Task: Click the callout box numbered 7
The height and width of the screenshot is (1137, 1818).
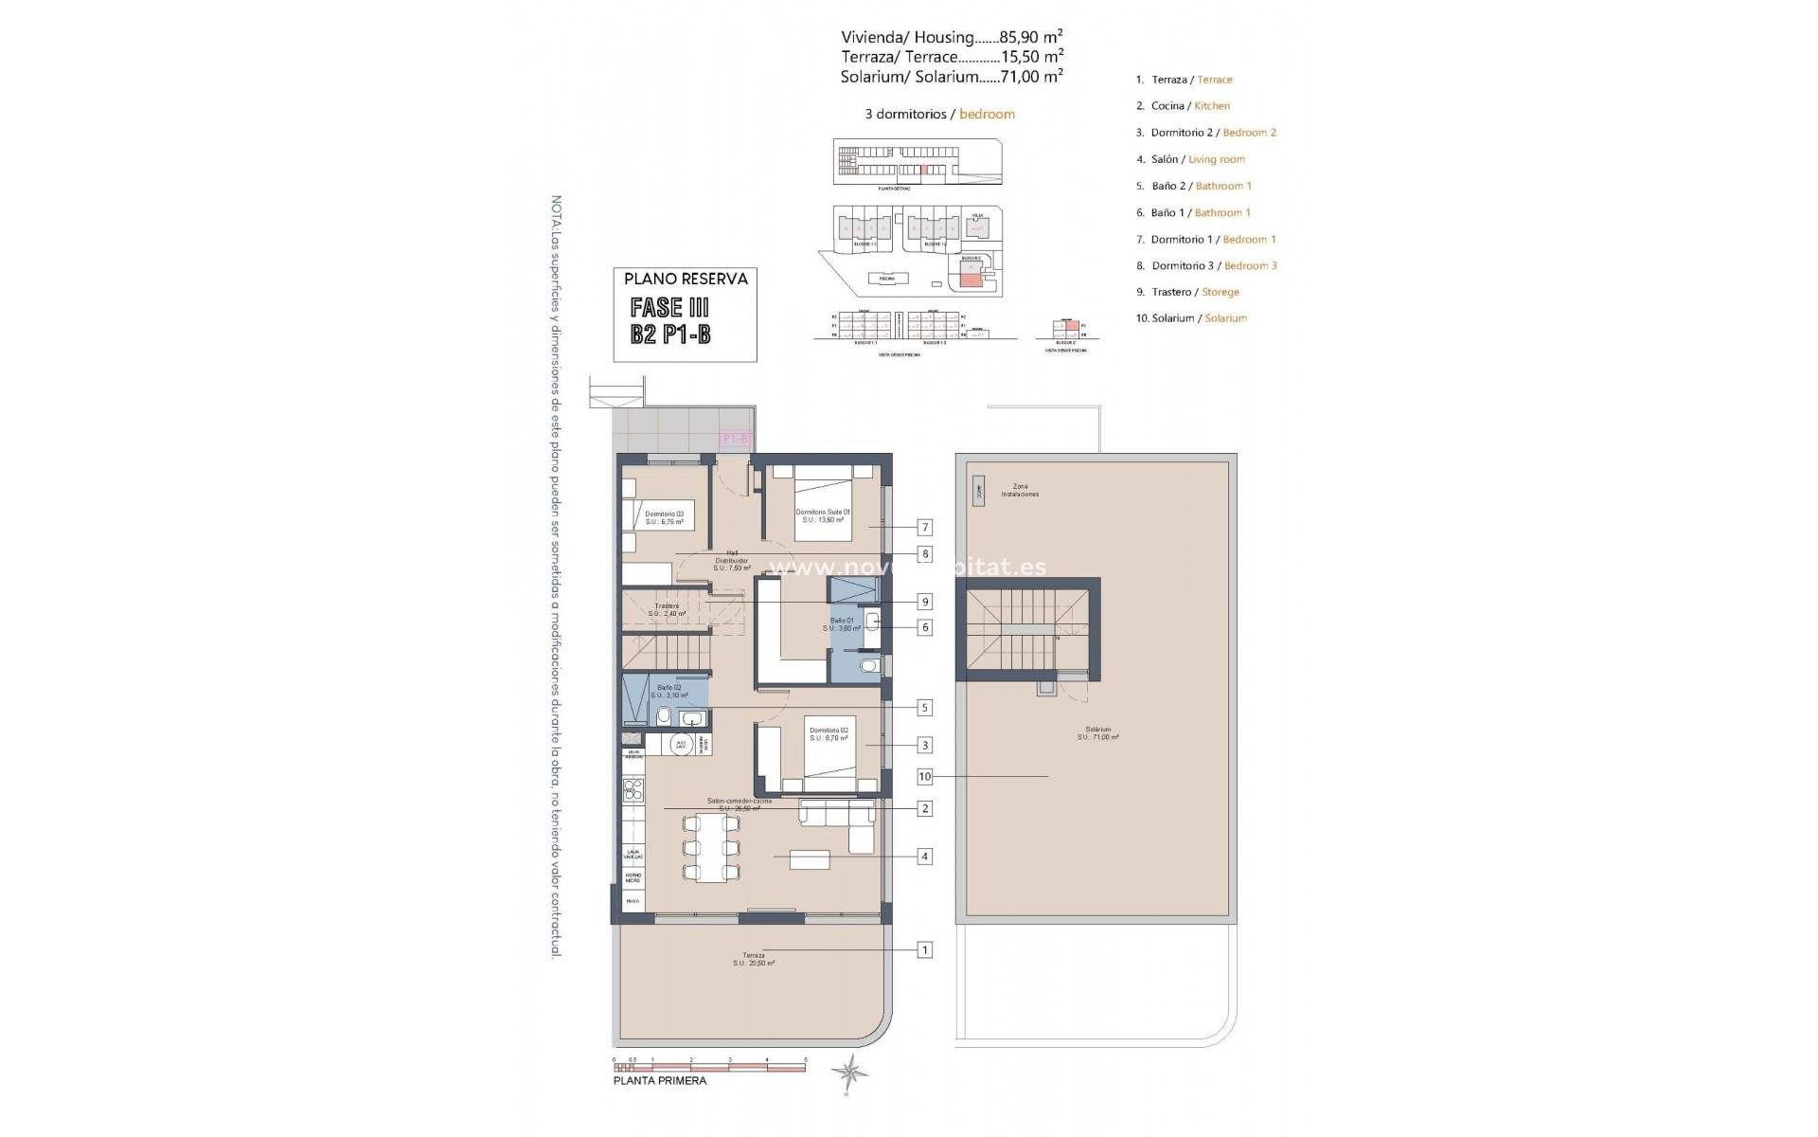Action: tap(925, 528)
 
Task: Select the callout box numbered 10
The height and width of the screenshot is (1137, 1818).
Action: tap(925, 777)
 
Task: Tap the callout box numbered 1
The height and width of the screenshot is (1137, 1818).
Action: tap(925, 949)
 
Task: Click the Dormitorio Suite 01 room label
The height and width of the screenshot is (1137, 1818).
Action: tap(823, 515)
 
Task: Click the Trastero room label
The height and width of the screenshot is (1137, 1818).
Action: tap(667, 609)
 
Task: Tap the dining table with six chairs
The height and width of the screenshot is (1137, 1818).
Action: tap(711, 847)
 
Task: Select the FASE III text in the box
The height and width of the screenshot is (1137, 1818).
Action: tap(669, 307)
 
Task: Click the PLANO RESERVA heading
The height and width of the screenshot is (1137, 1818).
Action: tap(686, 279)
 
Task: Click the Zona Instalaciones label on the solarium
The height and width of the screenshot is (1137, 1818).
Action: tap(1020, 490)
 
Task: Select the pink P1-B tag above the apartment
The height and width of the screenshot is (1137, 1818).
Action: tap(735, 439)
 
